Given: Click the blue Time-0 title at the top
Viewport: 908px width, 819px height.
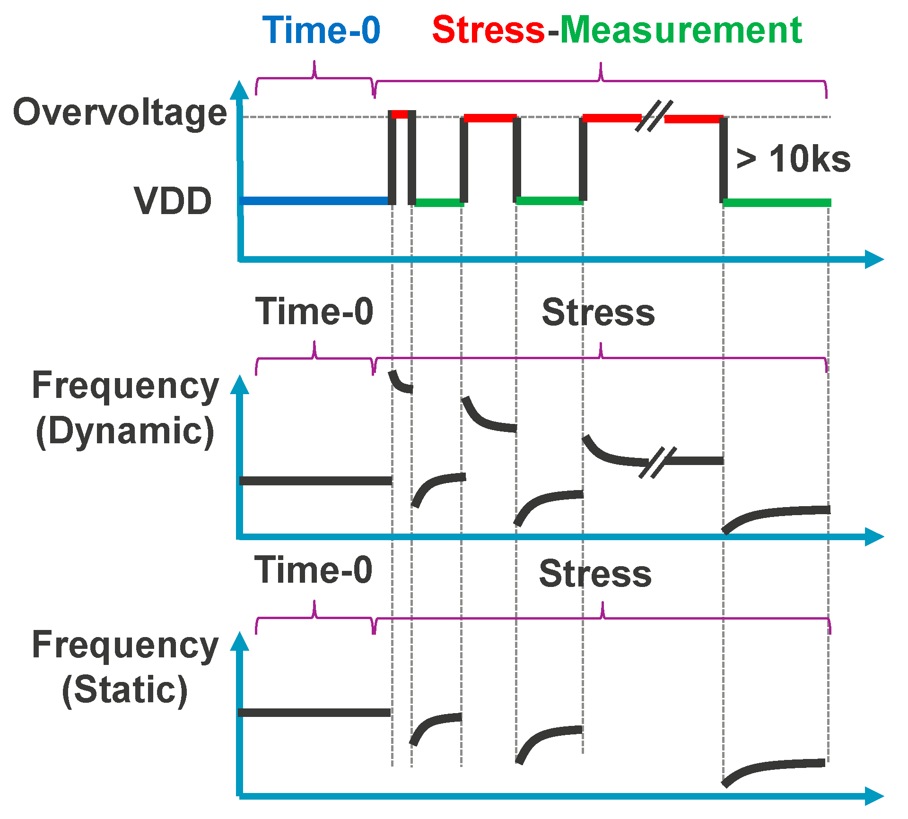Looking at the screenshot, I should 321,30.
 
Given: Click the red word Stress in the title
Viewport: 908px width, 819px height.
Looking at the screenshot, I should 489,30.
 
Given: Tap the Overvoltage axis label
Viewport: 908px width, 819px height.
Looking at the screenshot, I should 120,112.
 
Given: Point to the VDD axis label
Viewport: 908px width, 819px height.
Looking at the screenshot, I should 173,201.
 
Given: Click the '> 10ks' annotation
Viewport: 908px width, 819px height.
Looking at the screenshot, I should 794,159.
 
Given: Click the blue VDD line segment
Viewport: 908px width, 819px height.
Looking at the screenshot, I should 314,201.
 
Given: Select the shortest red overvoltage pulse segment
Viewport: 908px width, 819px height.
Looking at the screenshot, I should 400,114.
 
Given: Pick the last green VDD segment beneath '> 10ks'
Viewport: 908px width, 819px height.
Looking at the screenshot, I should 777,203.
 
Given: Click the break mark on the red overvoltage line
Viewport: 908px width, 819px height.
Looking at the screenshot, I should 654,117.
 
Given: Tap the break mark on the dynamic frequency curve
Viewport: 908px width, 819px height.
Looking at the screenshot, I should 657,462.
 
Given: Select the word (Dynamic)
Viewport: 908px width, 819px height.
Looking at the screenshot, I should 125,431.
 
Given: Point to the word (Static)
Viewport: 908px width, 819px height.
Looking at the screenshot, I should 125,690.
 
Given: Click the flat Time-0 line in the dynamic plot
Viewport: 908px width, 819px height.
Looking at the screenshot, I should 315,481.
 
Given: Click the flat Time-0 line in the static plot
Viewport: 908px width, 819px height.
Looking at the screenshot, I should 314,713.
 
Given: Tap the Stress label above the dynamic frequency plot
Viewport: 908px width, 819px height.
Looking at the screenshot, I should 598,312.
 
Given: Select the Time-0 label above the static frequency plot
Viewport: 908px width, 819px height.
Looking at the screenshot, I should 314,570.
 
